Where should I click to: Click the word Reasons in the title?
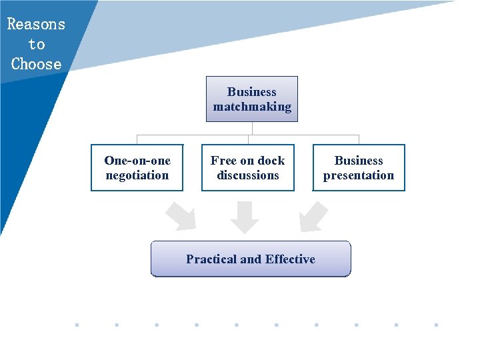36,25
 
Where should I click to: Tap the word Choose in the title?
36,65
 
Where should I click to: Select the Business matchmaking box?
252,99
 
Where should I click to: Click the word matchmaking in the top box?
252,107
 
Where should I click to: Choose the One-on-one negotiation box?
137,168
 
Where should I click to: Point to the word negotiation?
137,175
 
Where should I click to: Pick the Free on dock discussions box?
248,168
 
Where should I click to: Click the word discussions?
248,175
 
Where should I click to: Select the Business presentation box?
359,168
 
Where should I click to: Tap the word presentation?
359,175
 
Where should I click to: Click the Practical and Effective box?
251,259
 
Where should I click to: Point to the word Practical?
210,259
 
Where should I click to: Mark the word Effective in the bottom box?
290,259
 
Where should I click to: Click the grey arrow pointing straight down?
245,217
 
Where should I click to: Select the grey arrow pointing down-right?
181,217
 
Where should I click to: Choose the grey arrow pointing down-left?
313,217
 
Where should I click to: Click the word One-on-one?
137,161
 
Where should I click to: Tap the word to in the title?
36,45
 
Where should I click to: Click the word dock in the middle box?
271,161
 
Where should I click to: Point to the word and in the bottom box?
251,259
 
